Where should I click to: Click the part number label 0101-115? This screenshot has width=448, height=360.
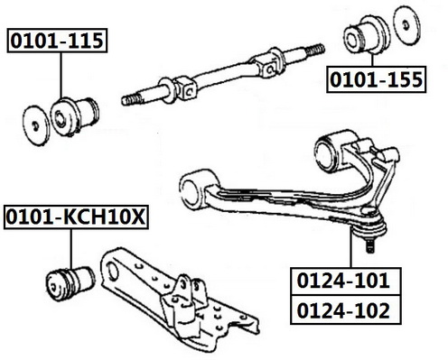pos(57,41)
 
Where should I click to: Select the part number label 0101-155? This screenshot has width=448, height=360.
pos(377,79)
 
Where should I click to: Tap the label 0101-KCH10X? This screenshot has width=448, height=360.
pos(76,217)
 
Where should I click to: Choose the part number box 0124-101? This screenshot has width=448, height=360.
pos(346,281)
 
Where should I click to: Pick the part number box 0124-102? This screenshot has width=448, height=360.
pos(346,310)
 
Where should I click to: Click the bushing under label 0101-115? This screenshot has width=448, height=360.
pos(74,115)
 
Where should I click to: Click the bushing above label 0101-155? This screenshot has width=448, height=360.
pos(367,35)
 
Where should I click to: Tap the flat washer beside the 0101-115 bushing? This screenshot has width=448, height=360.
pos(36,125)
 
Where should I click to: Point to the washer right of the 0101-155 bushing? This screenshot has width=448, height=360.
pos(406,25)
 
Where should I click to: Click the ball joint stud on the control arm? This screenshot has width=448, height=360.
pos(371,245)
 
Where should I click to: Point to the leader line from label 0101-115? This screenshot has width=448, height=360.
pos(61,76)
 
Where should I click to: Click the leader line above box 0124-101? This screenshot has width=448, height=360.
pos(351,247)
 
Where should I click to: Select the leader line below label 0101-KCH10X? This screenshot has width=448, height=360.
pos(71,248)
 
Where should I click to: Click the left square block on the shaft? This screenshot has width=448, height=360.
pos(186,88)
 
